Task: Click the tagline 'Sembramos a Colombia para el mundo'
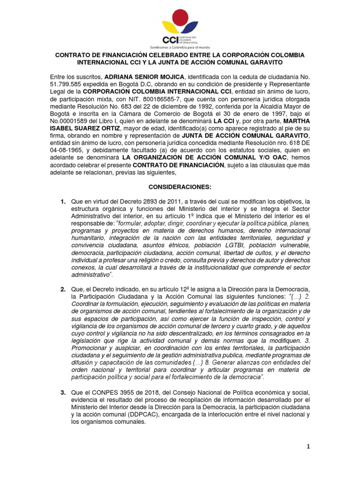tap(180, 47)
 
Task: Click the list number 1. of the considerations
tap(63, 202)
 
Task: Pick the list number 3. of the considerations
tap(63, 391)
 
